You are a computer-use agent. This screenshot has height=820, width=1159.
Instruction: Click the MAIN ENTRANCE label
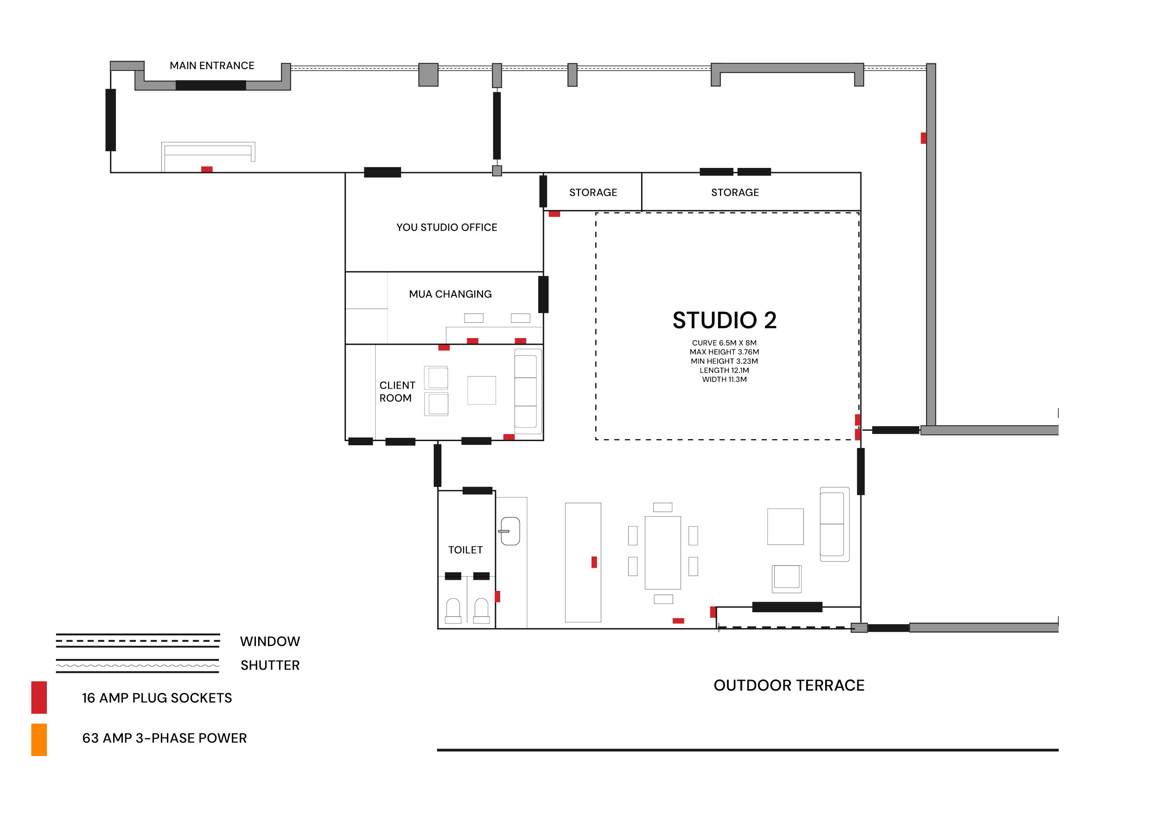(211, 66)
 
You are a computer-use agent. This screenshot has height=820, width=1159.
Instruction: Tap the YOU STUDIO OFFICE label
(446, 227)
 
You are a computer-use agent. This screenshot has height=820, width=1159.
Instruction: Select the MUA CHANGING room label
(450, 294)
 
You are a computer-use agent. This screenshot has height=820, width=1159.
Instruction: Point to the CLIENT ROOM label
(397, 391)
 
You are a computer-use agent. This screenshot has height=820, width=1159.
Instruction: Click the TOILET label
(465, 550)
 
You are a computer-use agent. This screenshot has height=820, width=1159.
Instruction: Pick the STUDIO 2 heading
(724, 320)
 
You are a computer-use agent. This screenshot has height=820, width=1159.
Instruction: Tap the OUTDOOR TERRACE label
(789, 685)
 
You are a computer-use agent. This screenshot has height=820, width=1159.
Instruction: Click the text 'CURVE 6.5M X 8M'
(724, 343)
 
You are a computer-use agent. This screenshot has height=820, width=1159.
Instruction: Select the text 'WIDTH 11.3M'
(724, 379)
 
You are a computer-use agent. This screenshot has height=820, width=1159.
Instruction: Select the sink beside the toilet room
(510, 531)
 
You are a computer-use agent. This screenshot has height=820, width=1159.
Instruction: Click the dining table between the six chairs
(662, 552)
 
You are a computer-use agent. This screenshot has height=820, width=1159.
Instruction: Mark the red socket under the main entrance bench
(206, 169)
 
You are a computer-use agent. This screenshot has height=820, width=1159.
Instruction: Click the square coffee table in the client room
(481, 391)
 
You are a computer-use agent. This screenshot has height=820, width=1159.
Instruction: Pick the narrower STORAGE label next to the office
(592, 192)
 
